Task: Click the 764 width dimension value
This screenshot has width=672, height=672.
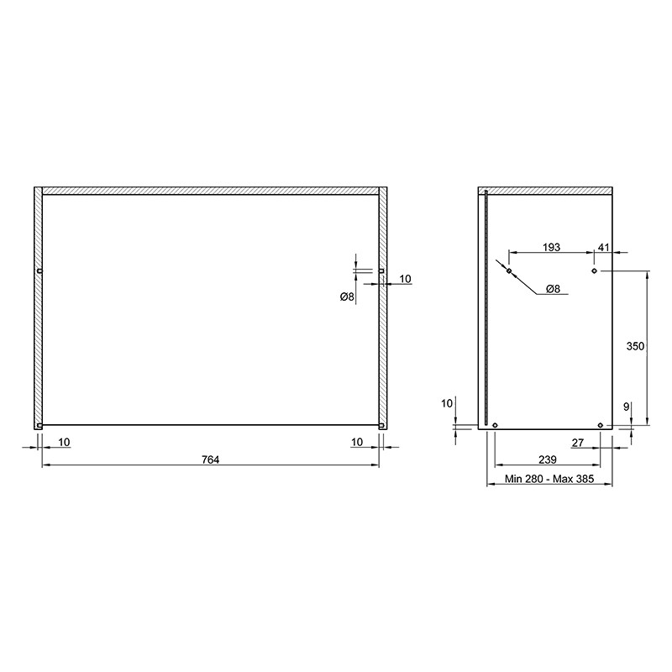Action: coord(210,459)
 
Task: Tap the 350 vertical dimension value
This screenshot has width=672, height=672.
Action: coord(635,346)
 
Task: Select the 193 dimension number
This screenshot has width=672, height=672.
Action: coord(551,247)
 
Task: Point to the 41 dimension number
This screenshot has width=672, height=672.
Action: coord(603,247)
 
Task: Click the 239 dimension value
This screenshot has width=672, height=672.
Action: coord(548,459)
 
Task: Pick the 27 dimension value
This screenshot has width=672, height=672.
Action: coord(578,443)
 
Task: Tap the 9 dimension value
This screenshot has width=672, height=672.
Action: coord(626,407)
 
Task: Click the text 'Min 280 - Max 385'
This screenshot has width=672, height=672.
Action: coord(549,479)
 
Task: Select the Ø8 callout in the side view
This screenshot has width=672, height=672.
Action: coord(554,289)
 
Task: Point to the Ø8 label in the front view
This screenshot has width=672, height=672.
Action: coord(347,297)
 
